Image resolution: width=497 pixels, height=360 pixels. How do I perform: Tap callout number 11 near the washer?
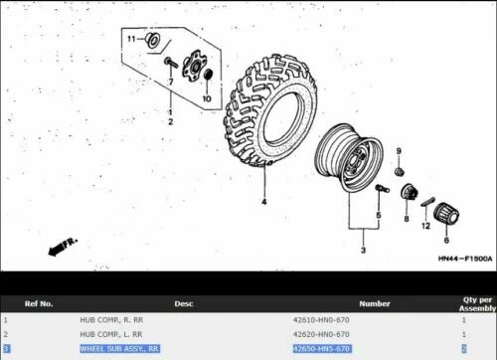click(130, 38)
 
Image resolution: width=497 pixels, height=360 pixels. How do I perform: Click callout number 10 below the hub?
click(207, 100)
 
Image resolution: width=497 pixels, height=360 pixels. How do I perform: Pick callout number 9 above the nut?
click(399, 150)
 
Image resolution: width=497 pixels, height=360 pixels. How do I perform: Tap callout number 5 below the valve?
click(379, 214)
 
